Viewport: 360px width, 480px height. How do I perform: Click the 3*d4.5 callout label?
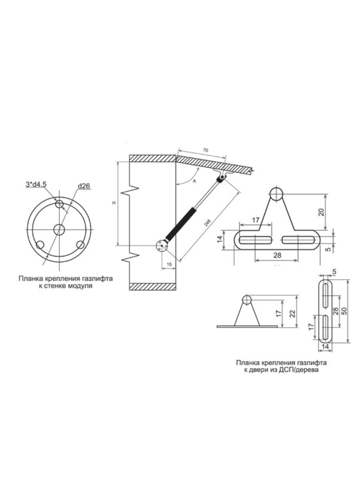click(x=36, y=184)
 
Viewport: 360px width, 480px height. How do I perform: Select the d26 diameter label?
click(x=84, y=186)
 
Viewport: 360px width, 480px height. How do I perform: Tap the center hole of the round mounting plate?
click(x=59, y=229)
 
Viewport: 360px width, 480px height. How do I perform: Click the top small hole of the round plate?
click(x=59, y=204)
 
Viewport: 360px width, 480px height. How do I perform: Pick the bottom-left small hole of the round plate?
click(x=40, y=245)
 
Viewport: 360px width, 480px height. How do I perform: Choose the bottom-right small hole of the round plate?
click(x=80, y=245)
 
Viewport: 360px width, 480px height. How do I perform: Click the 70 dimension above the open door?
click(x=206, y=150)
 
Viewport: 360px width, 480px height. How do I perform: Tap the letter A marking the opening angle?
click(x=194, y=181)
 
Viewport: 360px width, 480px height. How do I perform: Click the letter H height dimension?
click(x=114, y=203)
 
